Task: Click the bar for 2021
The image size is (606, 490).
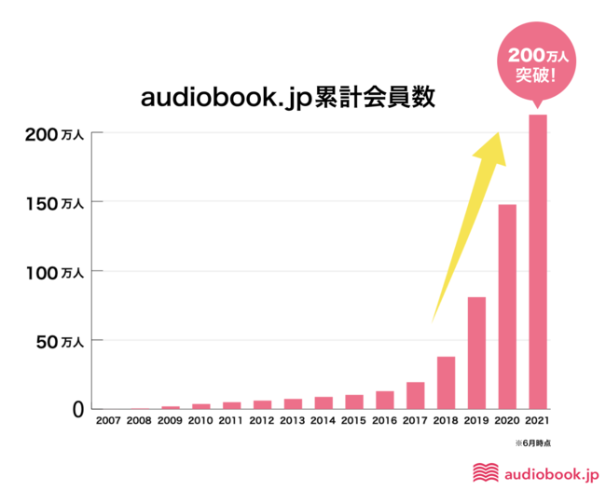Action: tap(537, 261)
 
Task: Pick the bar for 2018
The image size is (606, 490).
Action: tap(446, 382)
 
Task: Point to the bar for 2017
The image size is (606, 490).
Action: tap(416, 395)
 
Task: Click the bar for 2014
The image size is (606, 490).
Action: tap(324, 402)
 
